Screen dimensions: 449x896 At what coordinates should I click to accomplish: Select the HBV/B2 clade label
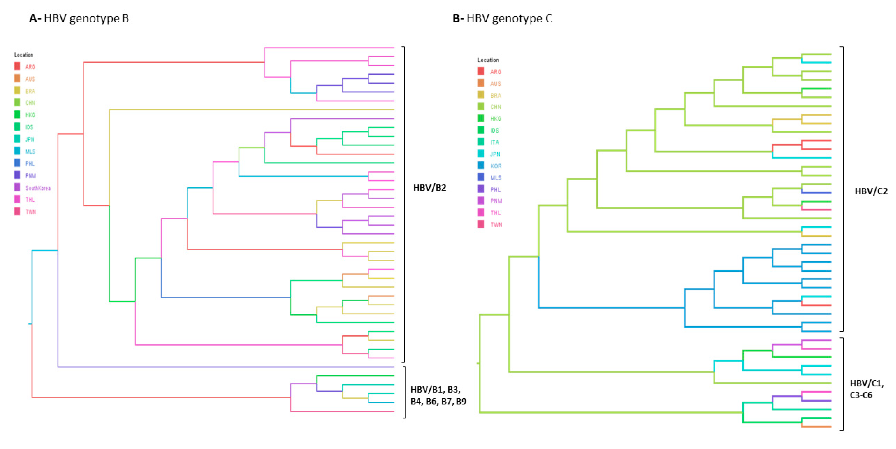[x=430, y=187]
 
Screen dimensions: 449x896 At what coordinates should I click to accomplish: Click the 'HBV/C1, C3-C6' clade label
[x=867, y=389]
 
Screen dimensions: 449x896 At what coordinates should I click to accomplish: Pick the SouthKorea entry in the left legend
[x=38, y=188]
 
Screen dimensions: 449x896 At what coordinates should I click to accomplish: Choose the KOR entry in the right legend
[x=496, y=166]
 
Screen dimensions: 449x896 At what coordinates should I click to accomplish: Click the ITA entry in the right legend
[x=495, y=142]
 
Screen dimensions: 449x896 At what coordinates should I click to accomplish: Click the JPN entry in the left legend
[x=29, y=139]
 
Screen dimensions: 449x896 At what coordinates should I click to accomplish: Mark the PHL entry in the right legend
[x=495, y=190]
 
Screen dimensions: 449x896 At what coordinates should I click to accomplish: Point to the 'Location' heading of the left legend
[x=24, y=55]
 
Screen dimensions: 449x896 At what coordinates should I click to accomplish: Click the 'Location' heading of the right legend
[x=488, y=60]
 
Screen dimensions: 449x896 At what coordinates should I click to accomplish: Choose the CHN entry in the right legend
[x=496, y=107]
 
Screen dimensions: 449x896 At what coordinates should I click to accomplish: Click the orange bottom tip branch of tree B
[x=816, y=426]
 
